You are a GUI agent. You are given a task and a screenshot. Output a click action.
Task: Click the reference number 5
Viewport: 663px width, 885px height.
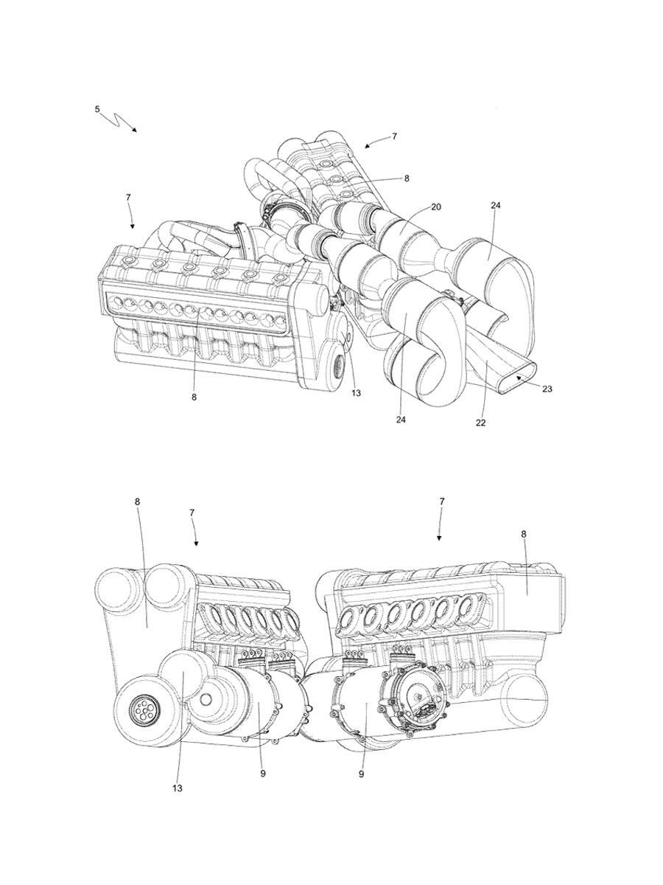(x=97, y=109)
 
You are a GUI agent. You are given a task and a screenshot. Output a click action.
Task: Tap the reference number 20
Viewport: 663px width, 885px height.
(x=436, y=206)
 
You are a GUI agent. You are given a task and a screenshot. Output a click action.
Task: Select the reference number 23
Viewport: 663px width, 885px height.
(x=547, y=389)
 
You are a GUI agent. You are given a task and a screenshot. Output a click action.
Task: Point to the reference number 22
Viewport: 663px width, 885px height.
(x=480, y=423)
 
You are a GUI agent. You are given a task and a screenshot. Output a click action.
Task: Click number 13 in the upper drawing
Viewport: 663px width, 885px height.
(x=357, y=392)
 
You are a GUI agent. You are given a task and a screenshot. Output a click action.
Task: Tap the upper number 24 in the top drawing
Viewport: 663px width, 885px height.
(x=496, y=205)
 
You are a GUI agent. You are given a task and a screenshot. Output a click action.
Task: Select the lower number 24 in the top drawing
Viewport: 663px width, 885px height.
(x=401, y=420)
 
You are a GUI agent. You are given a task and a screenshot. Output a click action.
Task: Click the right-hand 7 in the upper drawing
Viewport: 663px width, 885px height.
(x=394, y=136)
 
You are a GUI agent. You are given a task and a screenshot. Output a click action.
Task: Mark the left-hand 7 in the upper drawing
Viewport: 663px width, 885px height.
(x=128, y=197)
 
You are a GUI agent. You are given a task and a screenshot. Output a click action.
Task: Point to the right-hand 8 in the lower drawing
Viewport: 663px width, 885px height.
(x=524, y=534)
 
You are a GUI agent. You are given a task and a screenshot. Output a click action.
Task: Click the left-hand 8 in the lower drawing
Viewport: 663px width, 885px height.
(x=138, y=502)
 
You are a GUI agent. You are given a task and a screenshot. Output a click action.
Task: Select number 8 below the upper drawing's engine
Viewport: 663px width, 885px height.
(x=194, y=397)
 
